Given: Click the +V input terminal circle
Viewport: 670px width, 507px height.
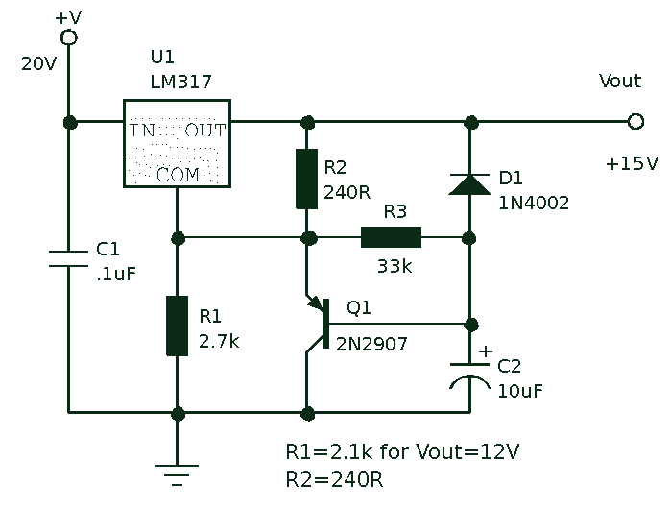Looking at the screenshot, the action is click(69, 37).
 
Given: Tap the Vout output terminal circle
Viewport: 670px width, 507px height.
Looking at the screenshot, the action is click(635, 122).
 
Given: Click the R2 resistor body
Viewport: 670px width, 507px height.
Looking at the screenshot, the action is click(307, 179).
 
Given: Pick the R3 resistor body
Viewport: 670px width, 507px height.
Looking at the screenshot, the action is click(391, 237).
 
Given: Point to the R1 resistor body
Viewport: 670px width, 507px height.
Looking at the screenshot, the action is click(177, 326).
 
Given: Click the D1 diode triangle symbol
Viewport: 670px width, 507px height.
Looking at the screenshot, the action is click(470, 184).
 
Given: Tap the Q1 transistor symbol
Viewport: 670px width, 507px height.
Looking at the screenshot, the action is click(319, 324).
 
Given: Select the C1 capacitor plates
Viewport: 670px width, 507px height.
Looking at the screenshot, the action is click(68, 258).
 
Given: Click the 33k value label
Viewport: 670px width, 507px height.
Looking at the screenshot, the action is click(395, 266).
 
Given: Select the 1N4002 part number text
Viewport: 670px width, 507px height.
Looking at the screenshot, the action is click(534, 203).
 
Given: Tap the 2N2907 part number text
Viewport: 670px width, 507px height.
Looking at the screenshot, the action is click(371, 344).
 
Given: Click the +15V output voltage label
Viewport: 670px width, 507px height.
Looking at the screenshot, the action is click(632, 163).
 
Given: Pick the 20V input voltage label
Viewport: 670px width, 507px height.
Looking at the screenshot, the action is click(39, 64).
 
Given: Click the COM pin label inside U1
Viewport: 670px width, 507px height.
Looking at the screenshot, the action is click(178, 175).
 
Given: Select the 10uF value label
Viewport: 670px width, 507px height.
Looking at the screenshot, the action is click(520, 391).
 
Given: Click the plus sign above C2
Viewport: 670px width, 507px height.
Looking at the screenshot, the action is click(486, 351).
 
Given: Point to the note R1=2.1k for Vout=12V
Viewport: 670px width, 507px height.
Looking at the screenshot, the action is click(402, 451).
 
